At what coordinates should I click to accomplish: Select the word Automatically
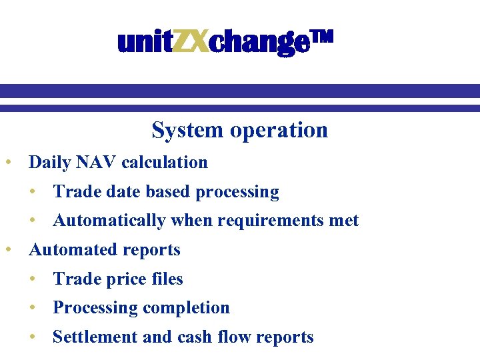[x=109, y=221]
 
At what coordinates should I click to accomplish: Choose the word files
[x=164, y=279]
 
